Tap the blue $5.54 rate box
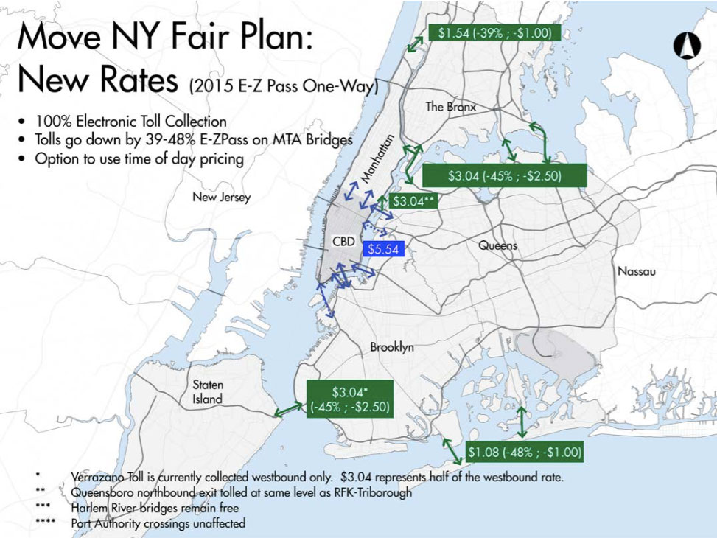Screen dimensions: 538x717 (x=382, y=249)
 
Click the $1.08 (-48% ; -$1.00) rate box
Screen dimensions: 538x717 (x=525, y=452)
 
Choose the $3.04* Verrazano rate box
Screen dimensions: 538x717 (x=349, y=399)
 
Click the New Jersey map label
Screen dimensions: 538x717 (x=221, y=198)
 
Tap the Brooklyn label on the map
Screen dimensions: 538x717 (x=392, y=347)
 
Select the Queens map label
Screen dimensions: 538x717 (x=498, y=245)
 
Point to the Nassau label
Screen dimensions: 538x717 (x=636, y=271)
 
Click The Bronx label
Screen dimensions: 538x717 (x=451, y=107)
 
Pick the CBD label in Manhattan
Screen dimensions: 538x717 (x=344, y=241)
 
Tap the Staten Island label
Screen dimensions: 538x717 (x=208, y=392)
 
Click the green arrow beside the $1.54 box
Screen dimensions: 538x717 (x=416, y=41)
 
